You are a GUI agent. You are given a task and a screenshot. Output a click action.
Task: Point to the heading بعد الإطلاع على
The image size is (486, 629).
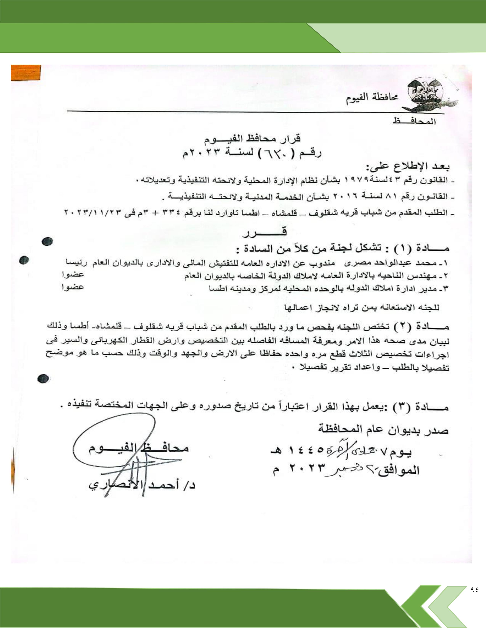pyautogui.click(x=407, y=166)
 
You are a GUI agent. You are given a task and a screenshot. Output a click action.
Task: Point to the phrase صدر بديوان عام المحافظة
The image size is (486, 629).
pyautogui.click(x=383, y=430)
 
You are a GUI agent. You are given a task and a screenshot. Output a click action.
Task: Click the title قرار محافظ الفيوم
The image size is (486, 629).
pyautogui.click(x=253, y=139)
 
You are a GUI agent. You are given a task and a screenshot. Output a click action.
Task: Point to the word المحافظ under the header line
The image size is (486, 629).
pyautogui.click(x=414, y=122)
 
